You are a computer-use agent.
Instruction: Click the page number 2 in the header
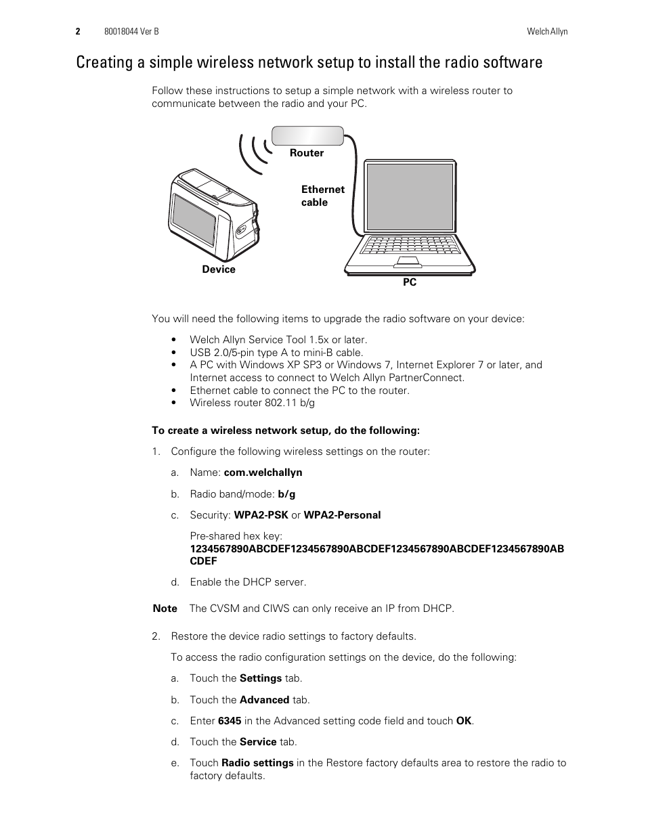tap(78, 32)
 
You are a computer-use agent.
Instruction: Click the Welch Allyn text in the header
tap(547, 32)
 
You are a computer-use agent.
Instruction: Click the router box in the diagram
tap(307, 135)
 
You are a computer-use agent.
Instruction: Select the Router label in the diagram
tap(307, 153)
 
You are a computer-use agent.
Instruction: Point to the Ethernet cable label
tap(322, 196)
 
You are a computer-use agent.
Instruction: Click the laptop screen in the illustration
tap(409, 197)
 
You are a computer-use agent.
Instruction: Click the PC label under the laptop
tap(410, 282)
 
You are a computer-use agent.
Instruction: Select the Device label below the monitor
tap(219, 269)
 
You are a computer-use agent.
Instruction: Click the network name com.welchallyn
tap(263, 472)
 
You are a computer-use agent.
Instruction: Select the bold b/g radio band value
tap(286, 494)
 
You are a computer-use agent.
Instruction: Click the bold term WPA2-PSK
tap(261, 515)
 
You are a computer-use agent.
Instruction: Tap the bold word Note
tap(165, 609)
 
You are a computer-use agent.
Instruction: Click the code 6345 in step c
tap(229, 721)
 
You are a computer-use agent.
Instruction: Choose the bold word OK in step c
tap(464, 721)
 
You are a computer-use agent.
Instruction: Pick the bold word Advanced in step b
tap(264, 700)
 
